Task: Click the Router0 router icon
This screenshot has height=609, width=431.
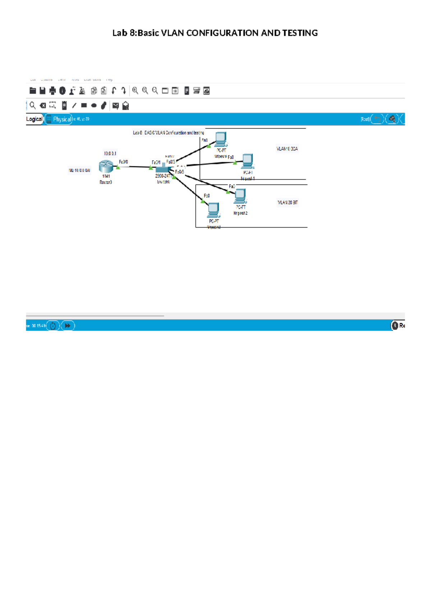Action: (x=106, y=167)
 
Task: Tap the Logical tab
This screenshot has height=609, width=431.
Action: (x=34, y=119)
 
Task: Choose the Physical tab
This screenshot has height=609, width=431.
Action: (x=62, y=119)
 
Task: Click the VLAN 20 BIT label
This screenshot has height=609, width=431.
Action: (x=287, y=203)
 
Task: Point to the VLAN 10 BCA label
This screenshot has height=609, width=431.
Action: (x=287, y=149)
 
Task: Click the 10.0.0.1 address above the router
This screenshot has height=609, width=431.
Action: (x=110, y=153)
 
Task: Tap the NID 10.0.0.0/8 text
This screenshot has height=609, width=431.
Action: (x=79, y=170)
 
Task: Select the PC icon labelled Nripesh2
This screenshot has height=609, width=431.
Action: (x=240, y=196)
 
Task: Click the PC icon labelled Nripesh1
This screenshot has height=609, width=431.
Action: (x=247, y=161)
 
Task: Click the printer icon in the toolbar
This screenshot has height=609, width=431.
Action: (x=52, y=91)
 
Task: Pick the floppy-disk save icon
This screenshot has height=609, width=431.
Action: (x=42, y=91)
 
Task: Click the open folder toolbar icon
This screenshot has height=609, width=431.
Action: (x=33, y=91)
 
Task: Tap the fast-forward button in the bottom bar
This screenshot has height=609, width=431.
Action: (x=68, y=326)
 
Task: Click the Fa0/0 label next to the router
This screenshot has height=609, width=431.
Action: (x=123, y=162)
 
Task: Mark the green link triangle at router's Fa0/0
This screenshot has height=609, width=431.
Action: (x=118, y=167)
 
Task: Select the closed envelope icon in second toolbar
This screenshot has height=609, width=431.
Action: (x=115, y=106)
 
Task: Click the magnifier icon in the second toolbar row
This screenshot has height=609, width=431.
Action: (x=33, y=105)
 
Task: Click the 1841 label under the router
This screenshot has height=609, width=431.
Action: (x=106, y=176)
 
